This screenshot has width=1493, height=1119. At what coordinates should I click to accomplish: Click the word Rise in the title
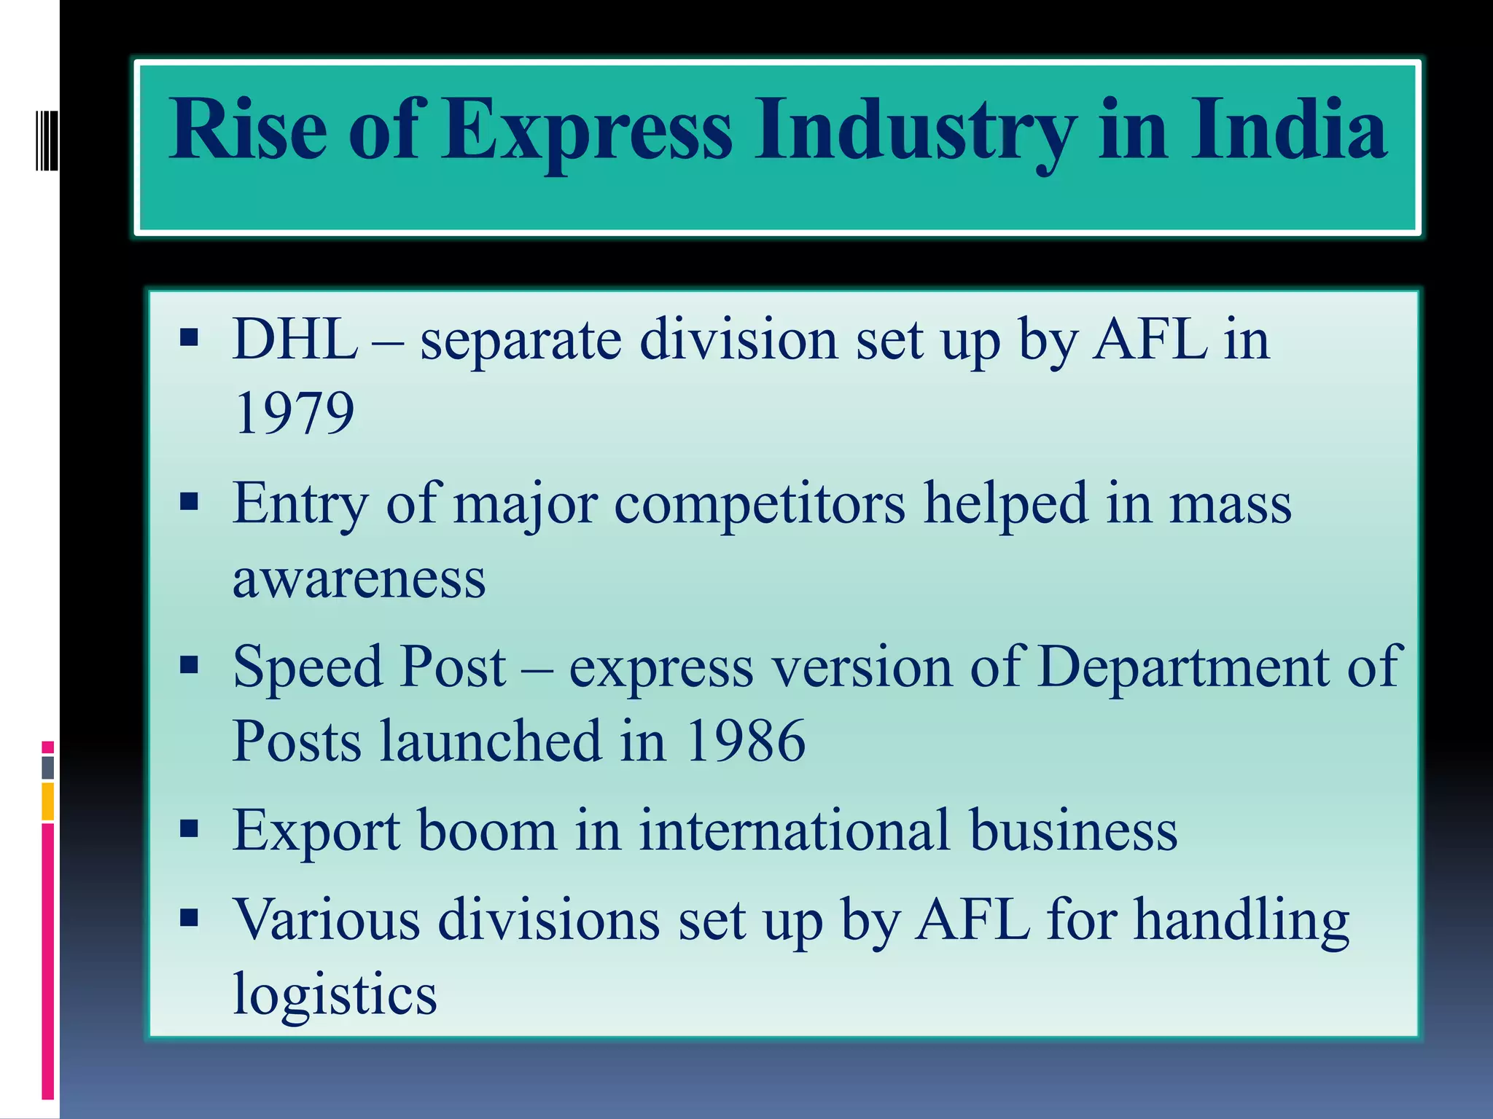248,130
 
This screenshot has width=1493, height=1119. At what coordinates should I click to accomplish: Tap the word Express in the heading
588,130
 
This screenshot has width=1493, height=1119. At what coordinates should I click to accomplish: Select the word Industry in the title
915,130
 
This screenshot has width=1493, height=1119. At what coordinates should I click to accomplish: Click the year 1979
294,413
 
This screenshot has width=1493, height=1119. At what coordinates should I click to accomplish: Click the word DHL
295,339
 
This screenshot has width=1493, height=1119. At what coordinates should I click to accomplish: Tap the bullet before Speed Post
189,664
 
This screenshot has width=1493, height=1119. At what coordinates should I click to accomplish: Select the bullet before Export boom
189,828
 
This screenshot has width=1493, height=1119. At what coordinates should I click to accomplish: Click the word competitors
759,504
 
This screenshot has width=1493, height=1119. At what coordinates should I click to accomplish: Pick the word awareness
359,578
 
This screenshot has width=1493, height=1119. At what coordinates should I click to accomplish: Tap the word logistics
335,994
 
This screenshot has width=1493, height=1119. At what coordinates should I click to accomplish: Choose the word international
795,830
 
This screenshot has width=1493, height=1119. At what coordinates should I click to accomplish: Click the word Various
326,919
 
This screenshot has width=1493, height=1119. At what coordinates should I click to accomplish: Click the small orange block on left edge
47,801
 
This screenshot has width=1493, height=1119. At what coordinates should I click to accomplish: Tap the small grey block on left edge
47,767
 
